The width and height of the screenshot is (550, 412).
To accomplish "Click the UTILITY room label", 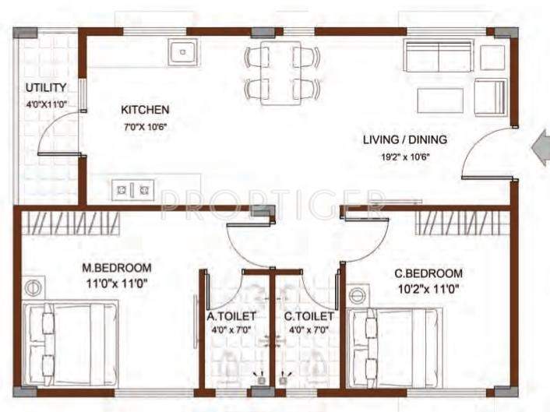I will click(46, 87).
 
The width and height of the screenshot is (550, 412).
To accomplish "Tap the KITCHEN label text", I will click(144, 110).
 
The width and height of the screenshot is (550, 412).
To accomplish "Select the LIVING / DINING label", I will click(405, 140).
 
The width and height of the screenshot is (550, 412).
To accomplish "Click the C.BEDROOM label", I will click(428, 273).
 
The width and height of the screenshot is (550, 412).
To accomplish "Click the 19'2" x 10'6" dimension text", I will click(404, 156).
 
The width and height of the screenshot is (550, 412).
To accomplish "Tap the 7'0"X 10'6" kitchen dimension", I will click(144, 126).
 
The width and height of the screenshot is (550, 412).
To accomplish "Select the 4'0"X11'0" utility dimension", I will click(46, 103).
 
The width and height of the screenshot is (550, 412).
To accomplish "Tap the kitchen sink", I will click(182, 52).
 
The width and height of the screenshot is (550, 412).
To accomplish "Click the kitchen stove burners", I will click(134, 188).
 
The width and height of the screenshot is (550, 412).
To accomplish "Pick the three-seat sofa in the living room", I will click(438, 57).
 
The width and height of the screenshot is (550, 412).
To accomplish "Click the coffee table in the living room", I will click(440, 100).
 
